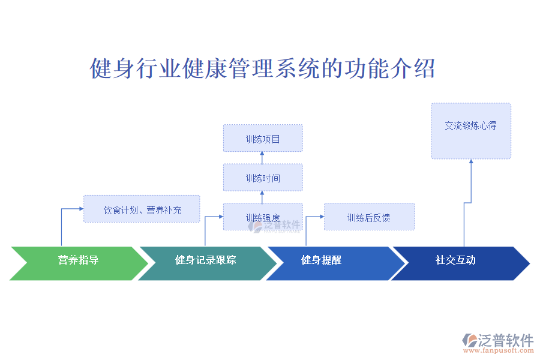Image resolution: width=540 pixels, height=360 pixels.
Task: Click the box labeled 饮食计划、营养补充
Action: point(142,209)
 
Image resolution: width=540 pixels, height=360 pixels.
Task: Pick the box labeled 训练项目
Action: point(263,139)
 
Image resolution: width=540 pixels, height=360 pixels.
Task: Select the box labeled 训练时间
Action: point(263,178)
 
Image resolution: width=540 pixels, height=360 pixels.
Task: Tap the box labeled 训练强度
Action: point(263,217)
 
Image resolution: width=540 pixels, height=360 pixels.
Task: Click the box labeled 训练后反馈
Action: point(369,217)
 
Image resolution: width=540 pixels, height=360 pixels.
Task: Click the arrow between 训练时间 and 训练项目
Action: point(263,158)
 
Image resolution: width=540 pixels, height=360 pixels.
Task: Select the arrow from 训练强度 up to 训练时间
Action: point(263,197)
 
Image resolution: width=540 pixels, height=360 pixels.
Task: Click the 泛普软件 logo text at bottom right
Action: point(505,340)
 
